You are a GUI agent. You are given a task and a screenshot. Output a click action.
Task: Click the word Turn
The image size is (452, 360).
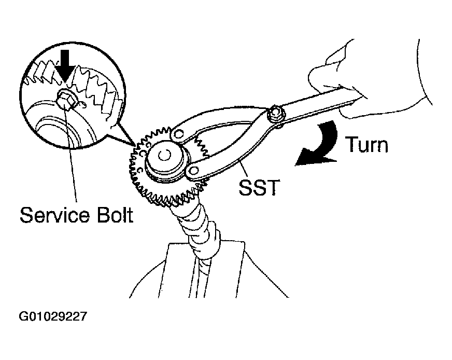click(x=366, y=144)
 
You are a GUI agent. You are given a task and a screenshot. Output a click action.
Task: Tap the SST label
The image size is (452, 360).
click(x=259, y=187)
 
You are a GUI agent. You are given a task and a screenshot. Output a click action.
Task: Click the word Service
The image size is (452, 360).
click(x=54, y=215)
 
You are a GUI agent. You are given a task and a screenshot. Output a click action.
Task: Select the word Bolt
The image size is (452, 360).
click(x=115, y=215)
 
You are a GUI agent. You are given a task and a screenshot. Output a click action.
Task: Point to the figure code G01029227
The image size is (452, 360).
click(x=53, y=316)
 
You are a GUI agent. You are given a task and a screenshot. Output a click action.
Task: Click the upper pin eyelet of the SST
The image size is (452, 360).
click(x=179, y=134)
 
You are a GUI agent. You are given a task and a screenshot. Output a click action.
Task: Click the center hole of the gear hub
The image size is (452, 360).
click(x=164, y=156)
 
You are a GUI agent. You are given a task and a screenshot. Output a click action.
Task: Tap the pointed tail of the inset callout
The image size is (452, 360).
click(x=135, y=144)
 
